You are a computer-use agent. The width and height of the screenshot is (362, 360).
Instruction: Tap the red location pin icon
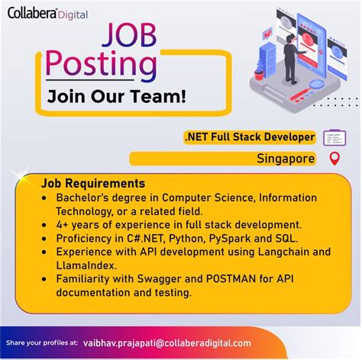tap(332, 159)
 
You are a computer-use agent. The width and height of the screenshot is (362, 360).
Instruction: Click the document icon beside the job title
tap(335, 138)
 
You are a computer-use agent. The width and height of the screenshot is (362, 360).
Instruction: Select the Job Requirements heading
tap(93, 184)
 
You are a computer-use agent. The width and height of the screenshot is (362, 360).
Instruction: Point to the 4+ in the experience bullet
tap(62, 224)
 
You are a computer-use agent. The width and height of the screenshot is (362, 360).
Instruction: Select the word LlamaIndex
tap(84, 265)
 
